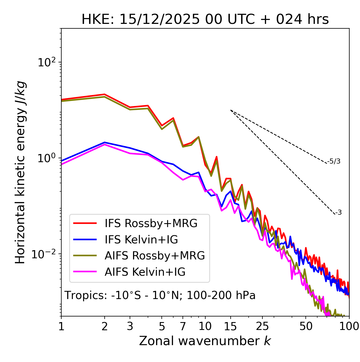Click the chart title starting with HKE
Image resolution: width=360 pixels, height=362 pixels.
(x=205, y=20)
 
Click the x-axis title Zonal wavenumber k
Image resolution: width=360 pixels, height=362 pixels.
(x=205, y=341)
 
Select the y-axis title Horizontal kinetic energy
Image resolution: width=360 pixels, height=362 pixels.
(x=20, y=172)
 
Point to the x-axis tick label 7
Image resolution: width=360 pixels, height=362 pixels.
(x=183, y=326)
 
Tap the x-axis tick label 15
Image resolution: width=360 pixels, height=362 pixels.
(x=230, y=326)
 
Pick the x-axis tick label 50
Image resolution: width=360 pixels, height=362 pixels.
(x=306, y=326)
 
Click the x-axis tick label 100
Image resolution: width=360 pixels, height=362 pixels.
(x=349, y=326)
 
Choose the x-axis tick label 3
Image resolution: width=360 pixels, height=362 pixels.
(x=130, y=326)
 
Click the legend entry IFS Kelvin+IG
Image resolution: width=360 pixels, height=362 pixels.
(x=141, y=240)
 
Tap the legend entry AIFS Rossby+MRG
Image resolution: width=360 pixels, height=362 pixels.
(x=155, y=256)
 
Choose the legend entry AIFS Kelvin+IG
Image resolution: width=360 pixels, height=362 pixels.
(x=145, y=272)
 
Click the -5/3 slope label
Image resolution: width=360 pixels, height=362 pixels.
(x=334, y=161)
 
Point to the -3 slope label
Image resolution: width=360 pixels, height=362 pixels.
(x=338, y=213)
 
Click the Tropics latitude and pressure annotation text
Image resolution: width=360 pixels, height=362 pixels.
(x=160, y=296)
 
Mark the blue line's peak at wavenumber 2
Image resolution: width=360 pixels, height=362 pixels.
(x=105, y=142)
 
